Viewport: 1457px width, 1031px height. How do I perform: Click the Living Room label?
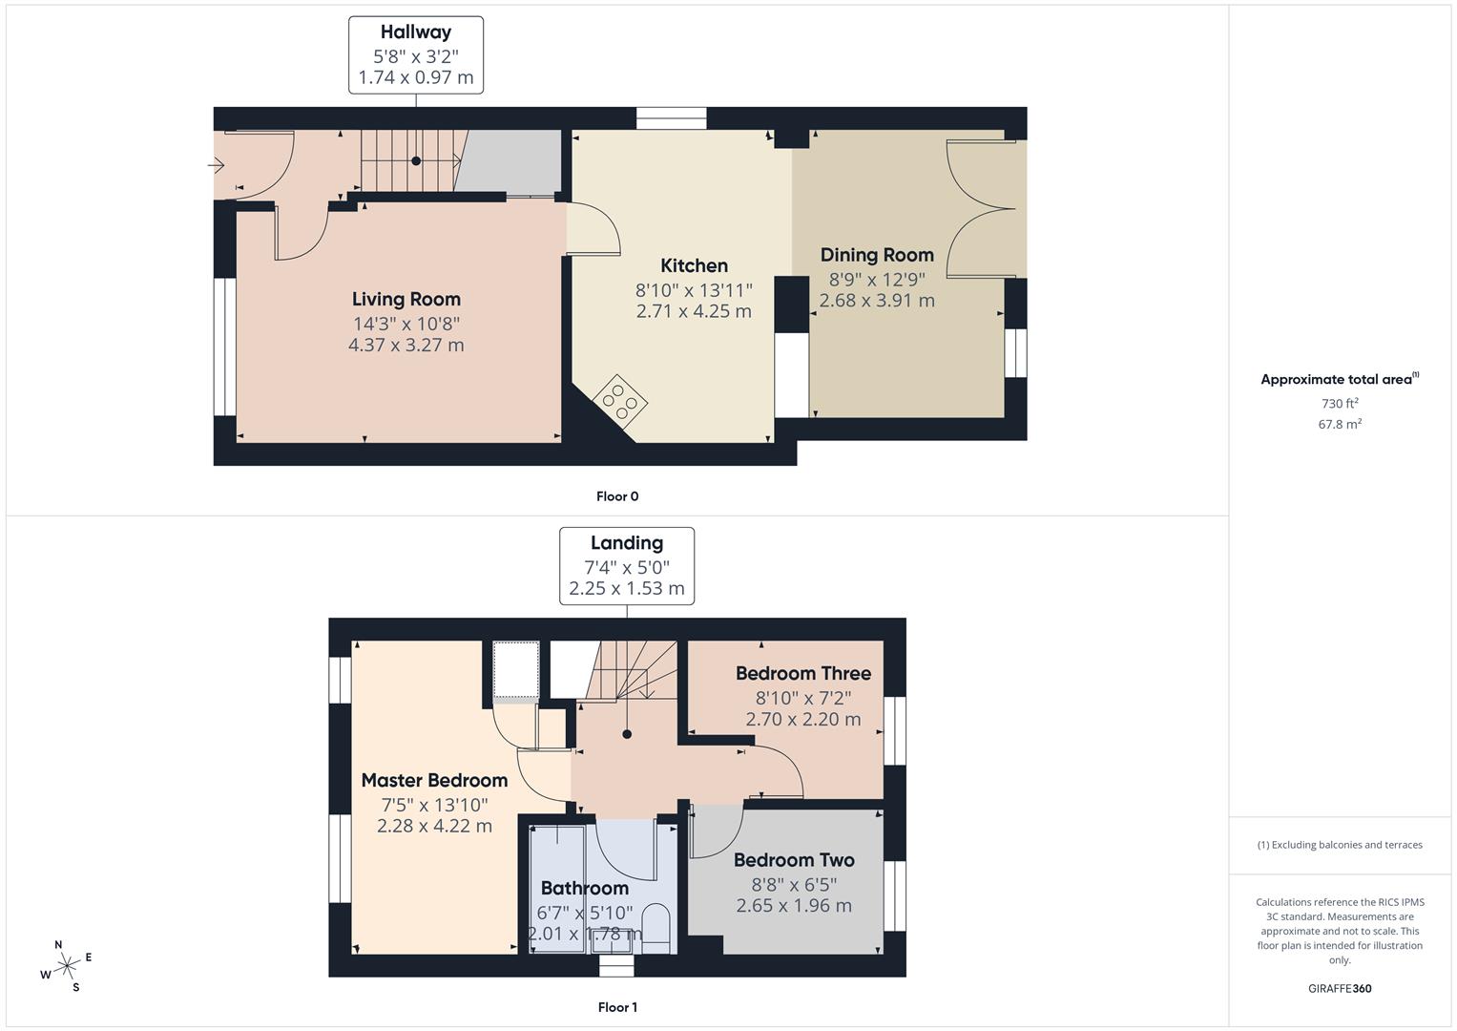[x=406, y=300]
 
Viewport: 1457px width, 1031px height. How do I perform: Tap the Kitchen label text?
[x=694, y=266]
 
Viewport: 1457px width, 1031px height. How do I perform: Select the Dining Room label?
[x=877, y=255]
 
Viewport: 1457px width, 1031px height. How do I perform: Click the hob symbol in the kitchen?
[x=619, y=401]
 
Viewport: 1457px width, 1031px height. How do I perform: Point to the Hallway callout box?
[x=416, y=55]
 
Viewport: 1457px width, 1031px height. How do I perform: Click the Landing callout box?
[x=627, y=566]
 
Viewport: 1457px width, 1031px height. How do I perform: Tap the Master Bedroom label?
[x=434, y=781]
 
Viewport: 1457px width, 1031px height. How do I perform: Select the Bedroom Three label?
[x=802, y=674]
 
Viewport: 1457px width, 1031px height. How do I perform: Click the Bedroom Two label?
[x=794, y=860]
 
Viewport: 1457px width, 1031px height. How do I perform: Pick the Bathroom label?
[x=584, y=889]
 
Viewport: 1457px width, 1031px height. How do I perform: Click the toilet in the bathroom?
[x=656, y=926]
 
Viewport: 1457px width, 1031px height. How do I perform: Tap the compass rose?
[x=67, y=966]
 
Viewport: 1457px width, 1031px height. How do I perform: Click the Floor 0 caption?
[x=617, y=496]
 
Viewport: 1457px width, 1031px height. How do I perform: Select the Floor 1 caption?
[x=617, y=1007]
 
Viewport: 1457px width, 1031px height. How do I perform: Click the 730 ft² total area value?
[x=1340, y=404]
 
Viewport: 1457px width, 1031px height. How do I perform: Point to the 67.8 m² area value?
[x=1340, y=425]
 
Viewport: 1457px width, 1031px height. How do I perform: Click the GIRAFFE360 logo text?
[x=1340, y=989]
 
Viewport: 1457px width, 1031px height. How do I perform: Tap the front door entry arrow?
[x=216, y=166]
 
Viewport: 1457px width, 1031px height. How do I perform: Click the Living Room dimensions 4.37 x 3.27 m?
[x=406, y=346]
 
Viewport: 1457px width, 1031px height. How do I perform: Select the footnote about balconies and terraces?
[x=1340, y=845]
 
